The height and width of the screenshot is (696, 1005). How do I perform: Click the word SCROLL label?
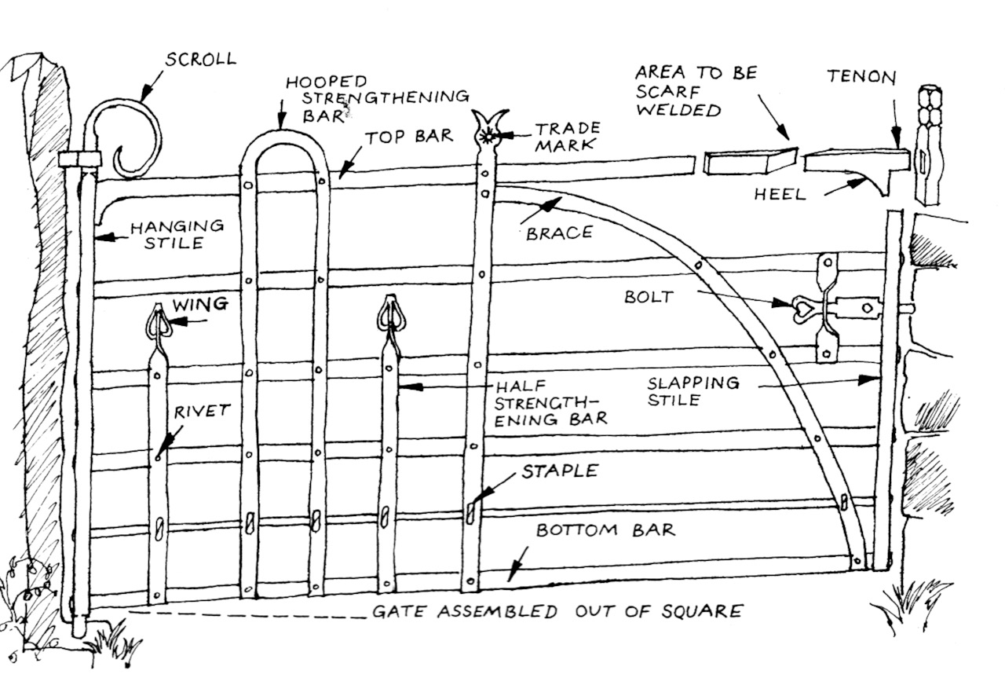coord(199,59)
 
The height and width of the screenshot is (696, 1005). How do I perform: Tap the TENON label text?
coord(861,77)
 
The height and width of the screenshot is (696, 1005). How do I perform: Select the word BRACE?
coord(559,233)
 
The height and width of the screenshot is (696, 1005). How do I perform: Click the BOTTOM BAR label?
coord(605,530)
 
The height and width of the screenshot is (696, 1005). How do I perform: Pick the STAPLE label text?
coord(560,471)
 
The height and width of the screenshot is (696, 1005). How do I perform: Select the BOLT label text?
coord(648,298)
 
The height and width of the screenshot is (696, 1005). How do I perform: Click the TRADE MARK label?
coord(568,136)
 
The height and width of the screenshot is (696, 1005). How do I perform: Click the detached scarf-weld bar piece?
coord(750,161)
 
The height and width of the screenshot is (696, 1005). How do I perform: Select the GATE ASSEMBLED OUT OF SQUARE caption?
coord(557,611)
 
